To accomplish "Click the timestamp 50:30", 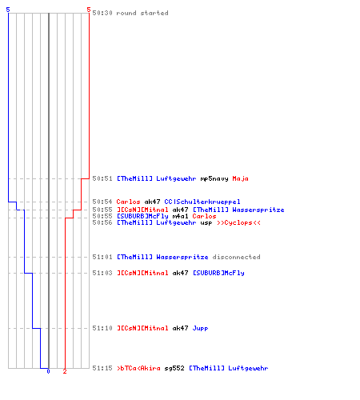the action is [x=102, y=13].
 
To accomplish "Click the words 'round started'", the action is [x=142, y=13].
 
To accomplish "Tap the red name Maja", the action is [x=240, y=178].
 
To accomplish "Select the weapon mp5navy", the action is [x=214, y=178].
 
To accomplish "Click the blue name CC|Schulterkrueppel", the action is [x=202, y=202].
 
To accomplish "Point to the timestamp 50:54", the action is [x=102, y=202].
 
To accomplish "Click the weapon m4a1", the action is [x=180, y=216].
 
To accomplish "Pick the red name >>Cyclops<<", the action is [x=238, y=222].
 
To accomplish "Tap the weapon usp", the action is [x=206, y=223].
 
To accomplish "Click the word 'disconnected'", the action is [x=237, y=257].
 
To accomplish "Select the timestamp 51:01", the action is [x=102, y=257].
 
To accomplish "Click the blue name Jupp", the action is [x=200, y=328].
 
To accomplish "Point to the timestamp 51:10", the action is [x=102, y=328].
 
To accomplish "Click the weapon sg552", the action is [x=174, y=368].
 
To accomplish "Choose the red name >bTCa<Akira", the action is [x=138, y=368].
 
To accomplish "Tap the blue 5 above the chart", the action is [x=8, y=10].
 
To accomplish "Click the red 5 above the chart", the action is [x=89, y=10].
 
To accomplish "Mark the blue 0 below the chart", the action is [x=48, y=371].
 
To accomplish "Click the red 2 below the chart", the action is [x=65, y=371].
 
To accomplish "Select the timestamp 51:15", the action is [x=102, y=368].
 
